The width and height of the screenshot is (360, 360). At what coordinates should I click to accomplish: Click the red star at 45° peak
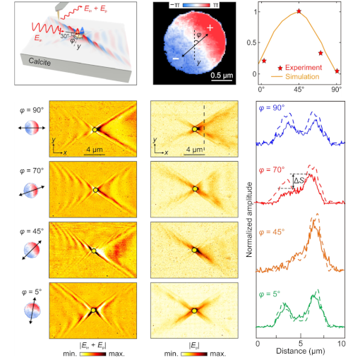(299, 11)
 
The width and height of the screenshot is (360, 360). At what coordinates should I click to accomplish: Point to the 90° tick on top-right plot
(337, 90)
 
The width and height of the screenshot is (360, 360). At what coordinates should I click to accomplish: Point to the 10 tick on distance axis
(342, 342)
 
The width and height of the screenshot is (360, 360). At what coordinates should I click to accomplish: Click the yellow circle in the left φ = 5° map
(93, 310)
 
